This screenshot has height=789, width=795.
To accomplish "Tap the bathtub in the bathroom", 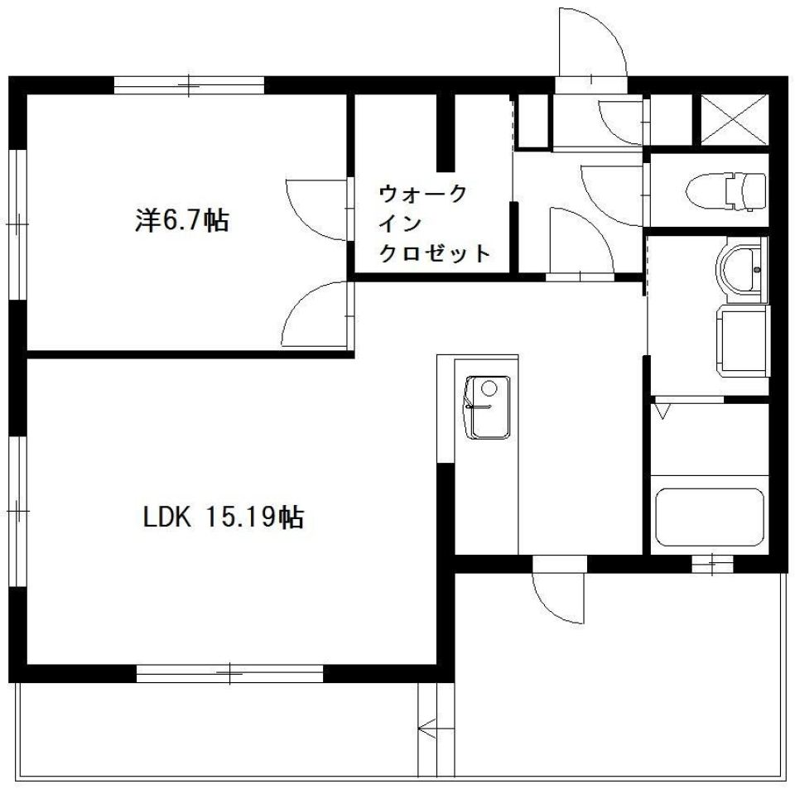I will coord(709,518).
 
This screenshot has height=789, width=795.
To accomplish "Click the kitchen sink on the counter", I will coord(487,407).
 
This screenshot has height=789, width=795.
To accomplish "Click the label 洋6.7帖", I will coord(181,219).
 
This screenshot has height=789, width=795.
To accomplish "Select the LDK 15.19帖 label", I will coord(224,517).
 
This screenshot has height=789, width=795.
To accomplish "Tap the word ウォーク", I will coord(422,194).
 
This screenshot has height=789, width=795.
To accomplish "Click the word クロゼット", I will coord(433,253).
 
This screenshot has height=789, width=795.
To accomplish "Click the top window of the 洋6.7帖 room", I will coord(189,84).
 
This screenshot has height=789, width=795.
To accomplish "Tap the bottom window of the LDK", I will coord(229,674).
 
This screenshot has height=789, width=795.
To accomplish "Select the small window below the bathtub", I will coord(712,564).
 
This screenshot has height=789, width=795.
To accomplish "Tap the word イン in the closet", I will coord(402,224).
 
